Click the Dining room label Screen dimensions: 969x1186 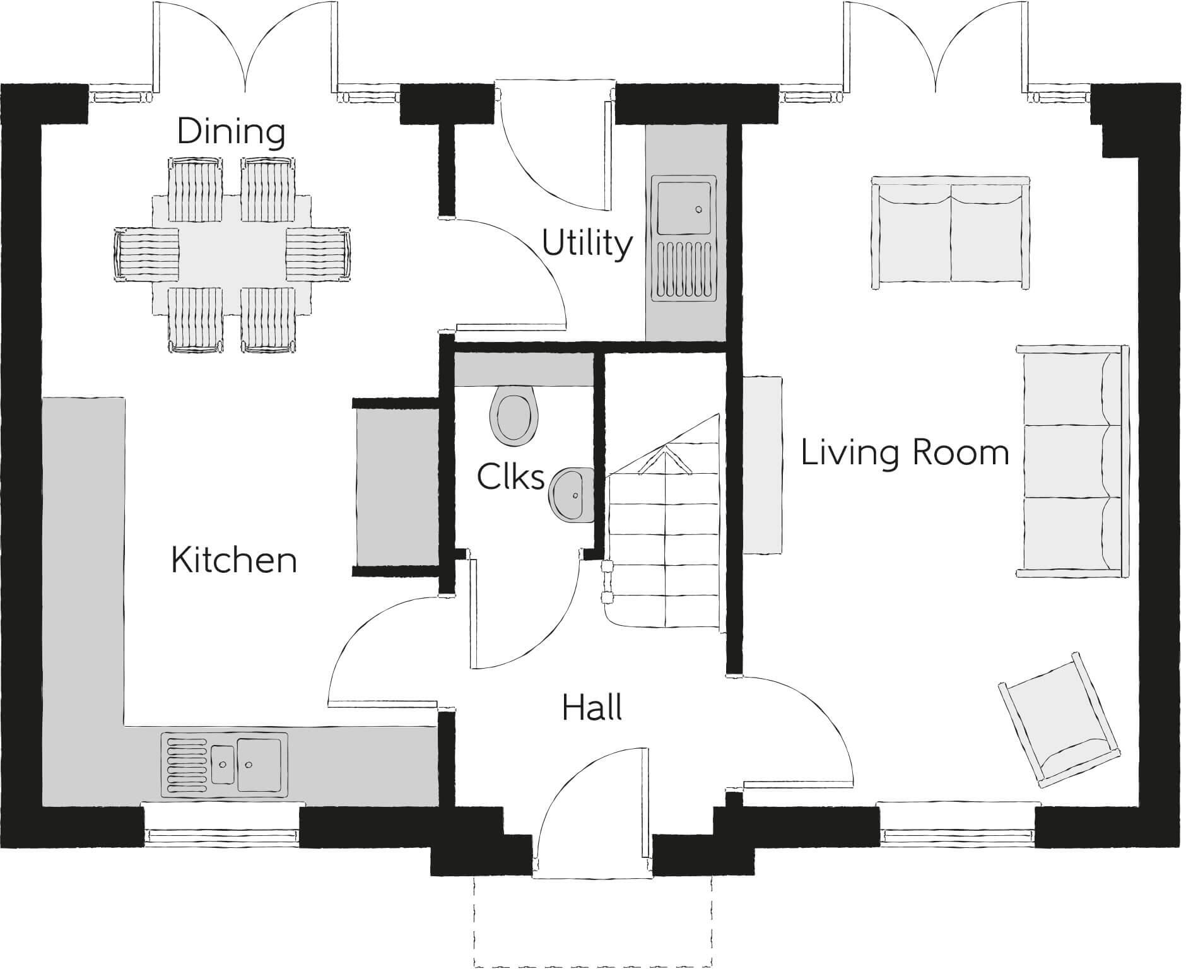coord(231,132)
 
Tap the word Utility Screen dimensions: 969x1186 coord(587,244)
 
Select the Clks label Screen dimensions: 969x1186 coord(510,477)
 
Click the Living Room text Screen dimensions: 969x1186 coord(905,454)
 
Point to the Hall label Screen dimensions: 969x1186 coord(592,708)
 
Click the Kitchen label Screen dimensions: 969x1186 coord(234,560)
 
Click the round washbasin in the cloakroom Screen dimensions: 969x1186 coord(572,495)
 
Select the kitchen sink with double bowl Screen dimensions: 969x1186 coord(224,763)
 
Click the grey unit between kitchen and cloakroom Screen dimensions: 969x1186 coord(397,487)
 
